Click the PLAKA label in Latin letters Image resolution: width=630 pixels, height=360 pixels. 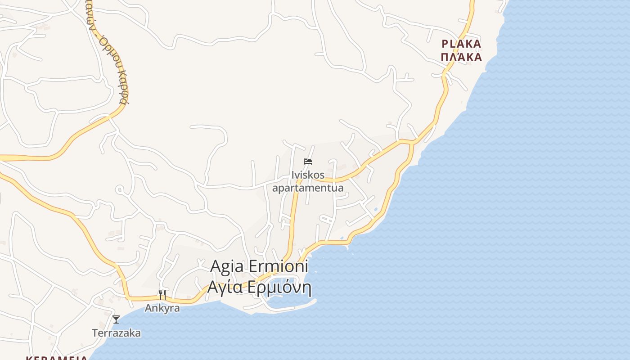pos(461,44)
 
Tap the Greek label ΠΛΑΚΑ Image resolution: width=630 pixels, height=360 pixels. pos(461,57)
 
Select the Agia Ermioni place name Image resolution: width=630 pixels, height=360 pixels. pos(259,266)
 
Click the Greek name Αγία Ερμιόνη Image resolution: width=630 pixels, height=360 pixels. pos(259,287)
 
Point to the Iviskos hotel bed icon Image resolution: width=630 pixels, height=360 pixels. pos(308,162)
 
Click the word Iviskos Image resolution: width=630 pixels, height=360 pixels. pos(308,175)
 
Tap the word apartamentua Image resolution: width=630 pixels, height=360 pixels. pos(308,188)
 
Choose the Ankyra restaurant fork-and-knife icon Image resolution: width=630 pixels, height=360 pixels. pos(162,295)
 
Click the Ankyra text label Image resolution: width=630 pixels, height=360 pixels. pos(162,308)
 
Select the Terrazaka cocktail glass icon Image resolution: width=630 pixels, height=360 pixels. pos(116,319)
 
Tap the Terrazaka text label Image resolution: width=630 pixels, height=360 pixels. pos(116,333)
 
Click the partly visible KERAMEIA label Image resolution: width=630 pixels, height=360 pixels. pos(56,358)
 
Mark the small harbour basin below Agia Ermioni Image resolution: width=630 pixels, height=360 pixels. pos(288,301)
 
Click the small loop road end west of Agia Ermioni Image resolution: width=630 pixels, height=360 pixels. pos(119,190)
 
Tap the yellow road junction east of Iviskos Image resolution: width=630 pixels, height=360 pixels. pos(412,142)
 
